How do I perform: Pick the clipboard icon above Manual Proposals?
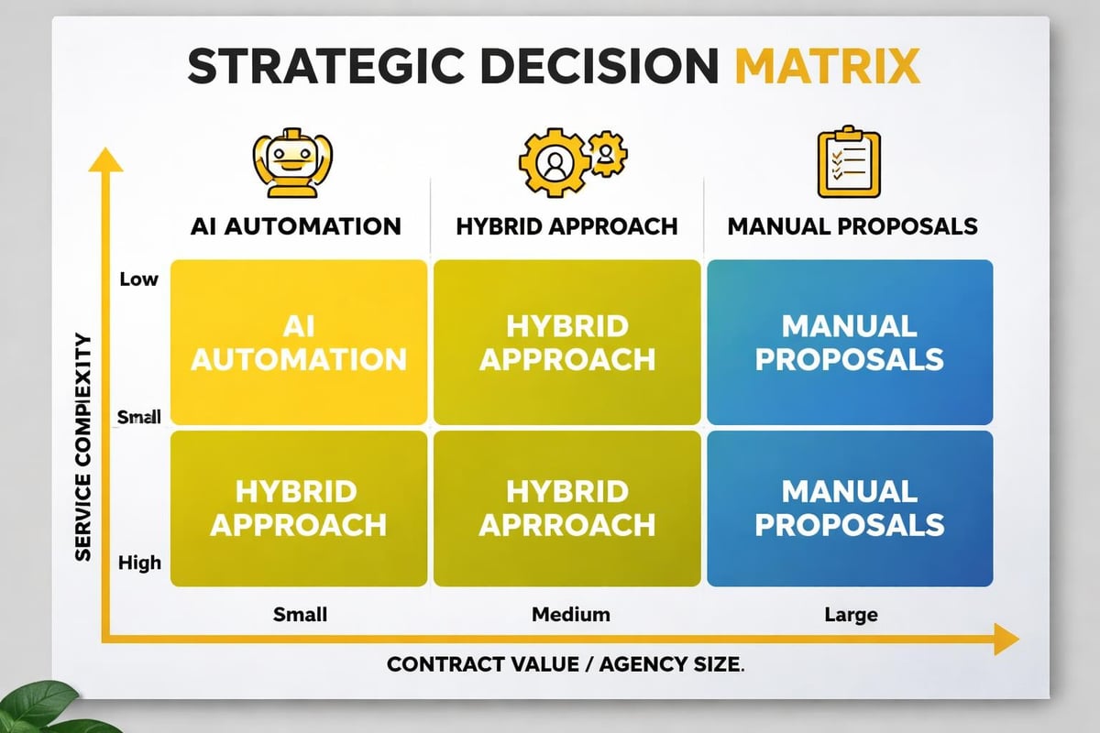click(x=848, y=163)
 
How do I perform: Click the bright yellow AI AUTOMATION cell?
click(x=299, y=342)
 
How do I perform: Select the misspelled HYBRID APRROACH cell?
click(x=567, y=509)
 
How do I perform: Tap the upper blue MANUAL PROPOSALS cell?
click(x=848, y=342)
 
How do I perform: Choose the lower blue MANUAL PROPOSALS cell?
click(x=848, y=509)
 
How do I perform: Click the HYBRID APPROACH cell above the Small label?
click(x=299, y=509)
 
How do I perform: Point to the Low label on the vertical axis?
click(x=138, y=279)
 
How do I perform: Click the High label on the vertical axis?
click(x=139, y=563)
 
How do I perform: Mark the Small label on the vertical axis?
click(x=139, y=418)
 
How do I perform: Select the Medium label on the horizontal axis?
click(x=571, y=614)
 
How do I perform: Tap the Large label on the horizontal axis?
click(x=851, y=614)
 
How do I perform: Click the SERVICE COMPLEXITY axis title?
click(x=82, y=447)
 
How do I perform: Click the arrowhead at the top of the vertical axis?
click(x=106, y=159)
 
